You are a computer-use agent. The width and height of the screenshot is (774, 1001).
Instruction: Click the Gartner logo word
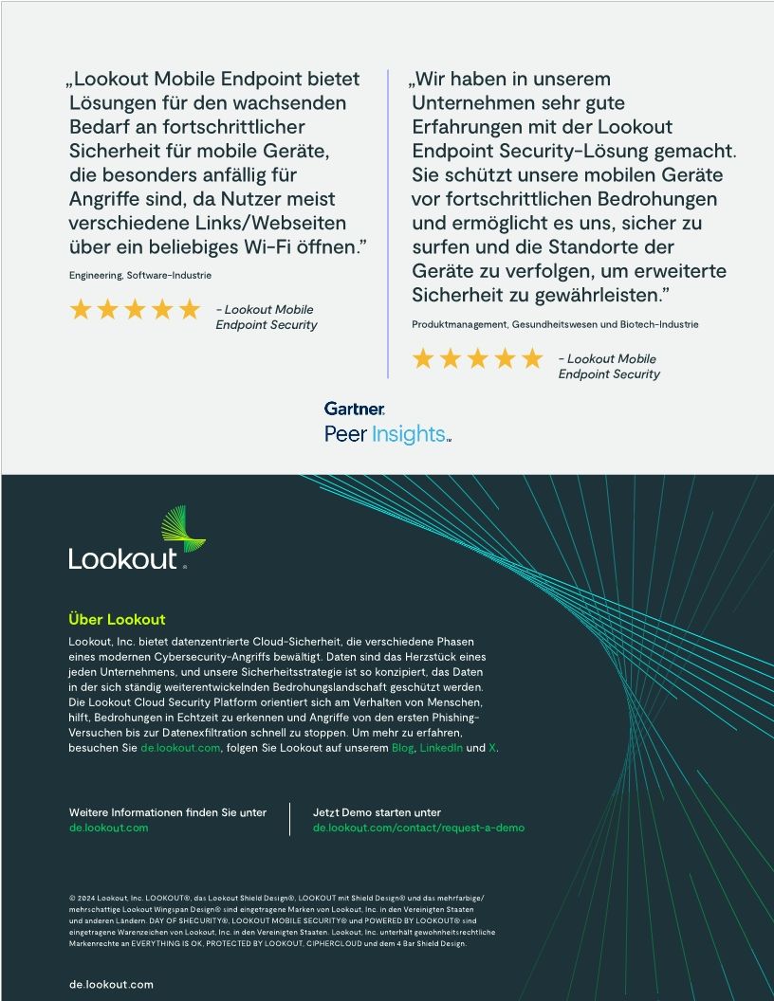click(x=354, y=409)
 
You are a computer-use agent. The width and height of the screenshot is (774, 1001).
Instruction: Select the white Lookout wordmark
click(x=123, y=557)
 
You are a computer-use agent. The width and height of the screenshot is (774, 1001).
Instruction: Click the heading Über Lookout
click(x=117, y=620)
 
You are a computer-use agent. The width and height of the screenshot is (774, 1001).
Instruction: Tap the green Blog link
click(x=403, y=748)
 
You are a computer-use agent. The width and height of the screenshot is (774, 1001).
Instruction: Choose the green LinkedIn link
click(x=441, y=748)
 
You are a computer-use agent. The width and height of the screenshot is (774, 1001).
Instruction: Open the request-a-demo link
click(x=418, y=828)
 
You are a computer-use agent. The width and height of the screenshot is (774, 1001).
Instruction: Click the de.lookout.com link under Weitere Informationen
click(x=108, y=828)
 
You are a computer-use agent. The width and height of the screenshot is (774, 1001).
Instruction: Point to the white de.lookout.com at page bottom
click(x=111, y=984)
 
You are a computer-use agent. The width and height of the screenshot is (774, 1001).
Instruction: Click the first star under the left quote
click(x=81, y=309)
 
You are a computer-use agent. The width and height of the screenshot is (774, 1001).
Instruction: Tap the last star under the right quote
click(x=533, y=358)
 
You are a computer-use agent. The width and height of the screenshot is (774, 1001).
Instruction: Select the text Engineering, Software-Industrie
click(x=140, y=275)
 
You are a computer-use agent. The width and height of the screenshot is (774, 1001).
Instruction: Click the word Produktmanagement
click(x=459, y=324)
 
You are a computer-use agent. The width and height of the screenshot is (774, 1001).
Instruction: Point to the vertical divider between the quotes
click(x=388, y=223)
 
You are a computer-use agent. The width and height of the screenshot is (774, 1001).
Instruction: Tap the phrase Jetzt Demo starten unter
click(x=377, y=812)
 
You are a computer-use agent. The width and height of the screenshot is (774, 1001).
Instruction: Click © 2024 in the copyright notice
click(x=82, y=897)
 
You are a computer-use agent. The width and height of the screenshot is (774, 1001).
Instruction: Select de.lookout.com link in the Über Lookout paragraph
click(x=180, y=748)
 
